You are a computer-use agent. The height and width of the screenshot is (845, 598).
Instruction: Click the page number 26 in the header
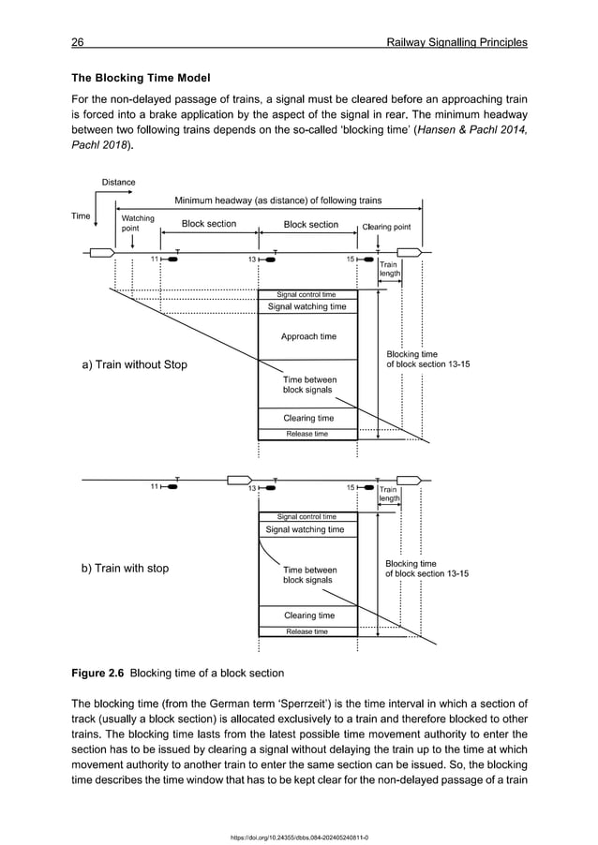point(79,42)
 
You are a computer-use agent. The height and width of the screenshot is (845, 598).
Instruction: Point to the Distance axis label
point(118,182)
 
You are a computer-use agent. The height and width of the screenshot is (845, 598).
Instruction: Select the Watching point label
point(138,223)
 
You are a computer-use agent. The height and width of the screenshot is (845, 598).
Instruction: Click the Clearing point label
point(385,226)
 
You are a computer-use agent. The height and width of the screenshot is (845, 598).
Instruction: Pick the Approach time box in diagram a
point(307,336)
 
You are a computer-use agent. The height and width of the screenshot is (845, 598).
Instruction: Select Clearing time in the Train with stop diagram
point(308,615)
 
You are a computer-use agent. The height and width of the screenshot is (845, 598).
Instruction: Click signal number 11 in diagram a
point(156,259)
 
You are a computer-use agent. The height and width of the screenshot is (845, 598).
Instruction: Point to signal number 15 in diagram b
point(352,487)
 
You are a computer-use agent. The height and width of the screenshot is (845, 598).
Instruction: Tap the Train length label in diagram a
point(389,269)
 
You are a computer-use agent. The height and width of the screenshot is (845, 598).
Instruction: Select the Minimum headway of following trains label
point(277,200)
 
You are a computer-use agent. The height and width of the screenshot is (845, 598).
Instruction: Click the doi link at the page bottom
point(298,837)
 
